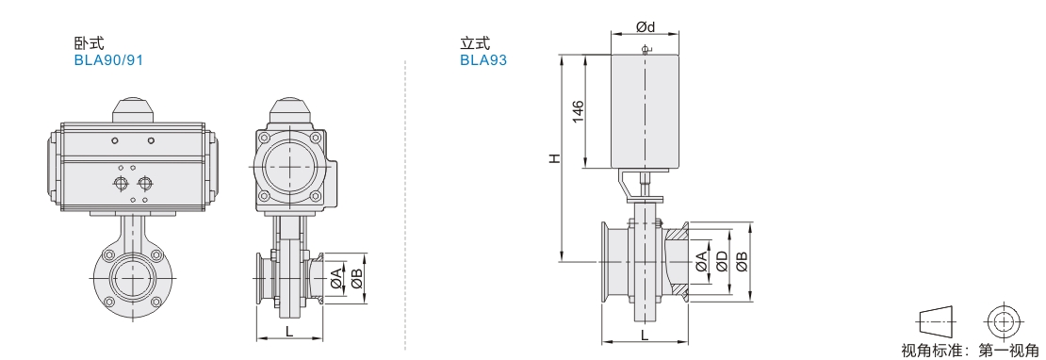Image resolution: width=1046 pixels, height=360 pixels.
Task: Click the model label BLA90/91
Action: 108,60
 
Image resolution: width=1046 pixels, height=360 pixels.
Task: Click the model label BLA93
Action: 483,60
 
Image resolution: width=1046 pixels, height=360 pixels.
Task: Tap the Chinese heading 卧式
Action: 89,44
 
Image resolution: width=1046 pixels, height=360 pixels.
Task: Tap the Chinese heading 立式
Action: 475,44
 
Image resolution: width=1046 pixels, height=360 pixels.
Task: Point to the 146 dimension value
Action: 578,110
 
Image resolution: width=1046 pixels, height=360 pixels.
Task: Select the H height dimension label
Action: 554,158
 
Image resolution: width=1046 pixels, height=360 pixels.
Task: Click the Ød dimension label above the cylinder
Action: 646,26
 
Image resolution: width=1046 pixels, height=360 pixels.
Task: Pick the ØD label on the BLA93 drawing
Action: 721,262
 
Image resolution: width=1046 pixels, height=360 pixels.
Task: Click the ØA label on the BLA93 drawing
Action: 700,262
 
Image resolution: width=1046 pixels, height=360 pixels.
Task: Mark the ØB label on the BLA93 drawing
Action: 742,262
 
